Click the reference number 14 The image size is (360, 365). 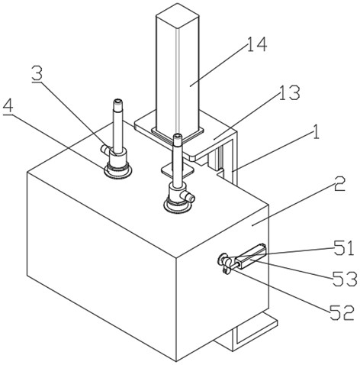tap(257, 44)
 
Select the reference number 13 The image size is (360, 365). tap(289, 92)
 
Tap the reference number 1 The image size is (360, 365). tap(316, 132)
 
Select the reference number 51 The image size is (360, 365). tap(344, 247)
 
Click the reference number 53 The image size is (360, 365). tap(345, 279)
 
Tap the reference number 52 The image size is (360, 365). tap(342, 312)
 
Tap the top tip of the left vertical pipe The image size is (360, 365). tap(117, 100)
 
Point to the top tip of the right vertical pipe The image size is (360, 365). tap(177, 136)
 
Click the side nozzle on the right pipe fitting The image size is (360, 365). tap(188, 197)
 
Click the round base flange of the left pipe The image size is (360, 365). tap(117, 171)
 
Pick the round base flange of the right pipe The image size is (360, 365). tap(177, 206)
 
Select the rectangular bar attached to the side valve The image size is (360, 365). tap(250, 257)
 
